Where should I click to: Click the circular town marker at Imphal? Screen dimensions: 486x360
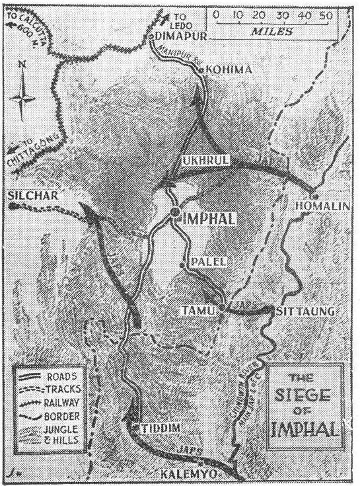(174, 212)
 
